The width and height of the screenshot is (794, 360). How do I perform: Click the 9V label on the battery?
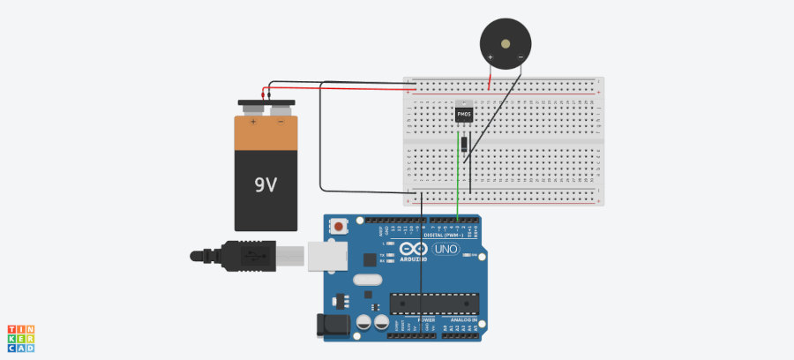266,185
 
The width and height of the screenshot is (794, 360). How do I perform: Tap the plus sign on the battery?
252,122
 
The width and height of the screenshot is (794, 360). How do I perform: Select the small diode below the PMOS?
463,143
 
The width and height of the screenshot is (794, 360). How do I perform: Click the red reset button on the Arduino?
339,228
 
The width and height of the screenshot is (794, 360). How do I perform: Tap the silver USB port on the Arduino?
326,255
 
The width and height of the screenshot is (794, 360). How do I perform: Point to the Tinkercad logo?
22,338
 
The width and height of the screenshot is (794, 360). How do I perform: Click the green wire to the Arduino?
459,176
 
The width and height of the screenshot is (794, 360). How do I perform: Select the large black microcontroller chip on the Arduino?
432,304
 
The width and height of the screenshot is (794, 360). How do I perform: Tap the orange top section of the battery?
266,132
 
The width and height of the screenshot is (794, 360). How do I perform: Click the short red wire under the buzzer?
491,79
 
